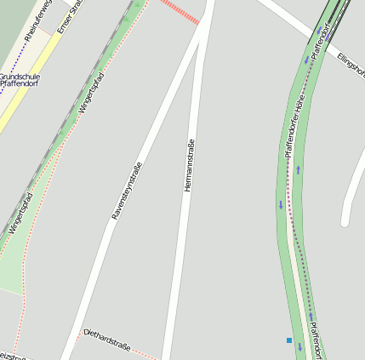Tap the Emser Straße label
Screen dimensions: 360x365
[x=68, y=16]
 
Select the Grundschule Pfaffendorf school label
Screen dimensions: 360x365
[x=19, y=81]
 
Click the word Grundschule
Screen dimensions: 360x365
[x=19, y=76]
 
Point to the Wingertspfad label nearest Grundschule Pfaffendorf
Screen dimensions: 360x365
[x=91, y=93]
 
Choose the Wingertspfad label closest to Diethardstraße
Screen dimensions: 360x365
[x=20, y=214]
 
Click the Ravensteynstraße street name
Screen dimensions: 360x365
[x=127, y=191]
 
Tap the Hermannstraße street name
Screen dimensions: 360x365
[x=189, y=165]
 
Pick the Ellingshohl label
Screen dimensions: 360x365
[x=350, y=64]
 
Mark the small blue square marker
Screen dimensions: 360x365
[x=289, y=340]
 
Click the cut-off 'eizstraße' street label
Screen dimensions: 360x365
[x=13, y=354]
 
